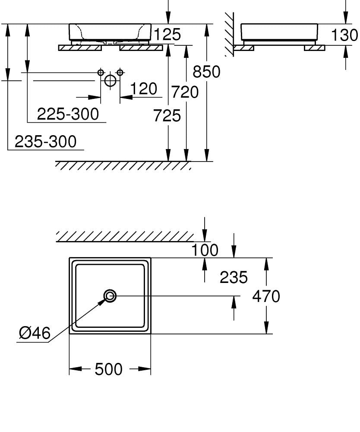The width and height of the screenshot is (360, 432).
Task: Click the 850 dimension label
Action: (206, 72)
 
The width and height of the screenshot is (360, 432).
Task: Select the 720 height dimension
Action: (185, 92)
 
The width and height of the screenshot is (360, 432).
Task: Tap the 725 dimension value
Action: (167, 115)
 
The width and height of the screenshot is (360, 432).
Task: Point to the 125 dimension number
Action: (167, 35)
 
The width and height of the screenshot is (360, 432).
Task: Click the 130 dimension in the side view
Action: (344, 35)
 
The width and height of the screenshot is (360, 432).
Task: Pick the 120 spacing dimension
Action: (143, 89)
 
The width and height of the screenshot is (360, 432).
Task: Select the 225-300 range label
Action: (68, 114)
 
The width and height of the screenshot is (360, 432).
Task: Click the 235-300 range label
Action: (45, 141)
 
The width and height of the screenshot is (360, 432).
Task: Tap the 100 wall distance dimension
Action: (205, 250)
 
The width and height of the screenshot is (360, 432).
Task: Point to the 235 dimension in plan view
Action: (234, 277)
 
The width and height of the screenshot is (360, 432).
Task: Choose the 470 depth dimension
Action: (266, 296)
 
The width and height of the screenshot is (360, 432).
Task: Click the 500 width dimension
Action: (108, 369)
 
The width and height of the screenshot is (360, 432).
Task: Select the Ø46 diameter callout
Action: (35, 333)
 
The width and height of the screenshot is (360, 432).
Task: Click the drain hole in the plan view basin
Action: (110, 296)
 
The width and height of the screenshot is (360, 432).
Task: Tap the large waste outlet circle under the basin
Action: (111, 80)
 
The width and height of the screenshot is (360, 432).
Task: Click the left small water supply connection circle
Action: (101, 72)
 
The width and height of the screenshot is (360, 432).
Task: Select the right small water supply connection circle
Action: (120, 72)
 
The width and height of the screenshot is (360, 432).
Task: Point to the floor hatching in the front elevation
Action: (123, 166)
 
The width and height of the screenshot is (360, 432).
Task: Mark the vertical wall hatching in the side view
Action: (229, 35)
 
